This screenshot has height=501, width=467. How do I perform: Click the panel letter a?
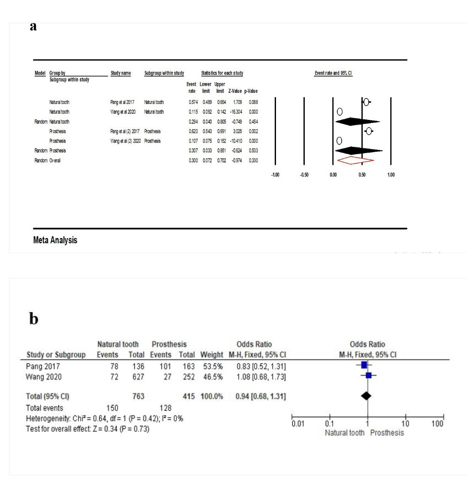(33, 27)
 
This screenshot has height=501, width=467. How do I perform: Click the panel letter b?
(33, 319)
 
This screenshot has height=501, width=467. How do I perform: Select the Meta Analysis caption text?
(55, 240)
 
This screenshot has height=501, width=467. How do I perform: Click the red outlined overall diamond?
(355, 160)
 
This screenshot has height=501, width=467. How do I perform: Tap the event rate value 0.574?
(193, 102)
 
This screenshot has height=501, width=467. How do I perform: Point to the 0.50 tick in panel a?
(362, 175)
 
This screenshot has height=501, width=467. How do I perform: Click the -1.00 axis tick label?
(275, 175)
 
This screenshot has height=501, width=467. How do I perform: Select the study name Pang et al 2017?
(122, 102)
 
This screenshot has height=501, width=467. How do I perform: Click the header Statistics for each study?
(222, 73)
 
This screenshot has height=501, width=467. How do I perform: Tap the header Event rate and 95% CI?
(333, 73)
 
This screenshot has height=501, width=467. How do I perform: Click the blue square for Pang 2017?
(364, 365)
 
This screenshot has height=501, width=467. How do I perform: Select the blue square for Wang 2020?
(369, 375)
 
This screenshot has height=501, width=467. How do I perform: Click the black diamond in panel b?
(366, 396)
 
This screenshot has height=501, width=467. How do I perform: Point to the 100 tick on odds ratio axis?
(437, 424)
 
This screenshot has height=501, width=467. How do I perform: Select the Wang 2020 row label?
(44, 377)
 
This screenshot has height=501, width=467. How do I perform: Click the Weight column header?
(212, 355)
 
